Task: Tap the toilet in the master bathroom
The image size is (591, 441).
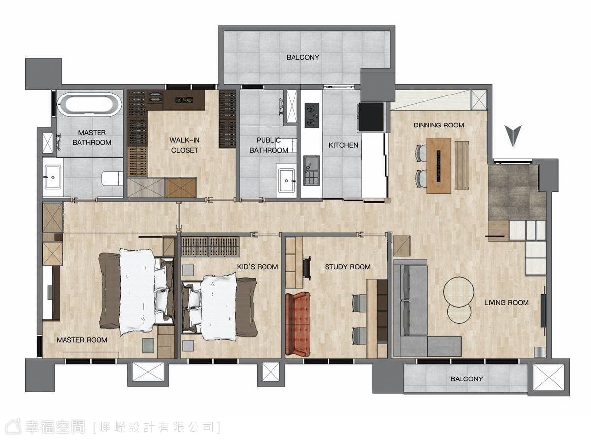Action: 112,178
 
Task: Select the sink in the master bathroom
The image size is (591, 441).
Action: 53,177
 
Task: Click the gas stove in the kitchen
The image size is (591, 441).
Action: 312,116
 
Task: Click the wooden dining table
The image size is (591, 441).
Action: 439,165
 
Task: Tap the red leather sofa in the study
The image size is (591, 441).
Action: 298,324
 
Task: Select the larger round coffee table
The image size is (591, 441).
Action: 459,292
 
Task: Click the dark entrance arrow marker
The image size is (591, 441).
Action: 513,135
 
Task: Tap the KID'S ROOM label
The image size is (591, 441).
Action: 258,267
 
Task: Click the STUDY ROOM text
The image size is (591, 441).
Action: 348,267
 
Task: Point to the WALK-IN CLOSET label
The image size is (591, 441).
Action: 184,145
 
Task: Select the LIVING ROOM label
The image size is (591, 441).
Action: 506,303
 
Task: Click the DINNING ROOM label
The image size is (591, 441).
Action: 439,125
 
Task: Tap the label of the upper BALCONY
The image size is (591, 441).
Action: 302,57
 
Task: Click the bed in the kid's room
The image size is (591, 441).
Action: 220,307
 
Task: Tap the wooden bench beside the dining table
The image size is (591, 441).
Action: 461,165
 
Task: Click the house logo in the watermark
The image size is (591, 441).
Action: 13,426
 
